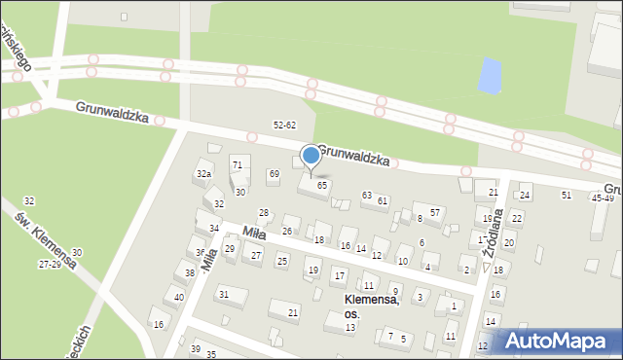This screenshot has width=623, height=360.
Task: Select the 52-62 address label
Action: click(285, 126)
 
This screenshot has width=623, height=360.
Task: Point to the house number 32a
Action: click(203, 173)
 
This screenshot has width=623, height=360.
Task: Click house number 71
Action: click(237, 162)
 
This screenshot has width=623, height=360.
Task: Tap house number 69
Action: click(274, 174)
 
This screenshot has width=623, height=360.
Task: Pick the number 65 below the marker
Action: click(321, 185)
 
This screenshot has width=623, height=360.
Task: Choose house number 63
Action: click(367, 196)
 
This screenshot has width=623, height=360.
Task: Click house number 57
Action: click(436, 212)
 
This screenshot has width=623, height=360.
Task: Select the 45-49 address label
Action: click(603, 198)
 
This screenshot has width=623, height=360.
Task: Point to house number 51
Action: click(567, 196)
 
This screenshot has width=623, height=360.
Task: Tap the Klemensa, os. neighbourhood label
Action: click(372, 306)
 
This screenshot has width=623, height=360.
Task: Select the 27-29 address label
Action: click(51, 265)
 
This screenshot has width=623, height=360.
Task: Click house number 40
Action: click(179, 297)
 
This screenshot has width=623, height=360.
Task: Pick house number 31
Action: click(224, 294)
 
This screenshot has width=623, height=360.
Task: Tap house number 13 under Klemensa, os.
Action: click(349, 328)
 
